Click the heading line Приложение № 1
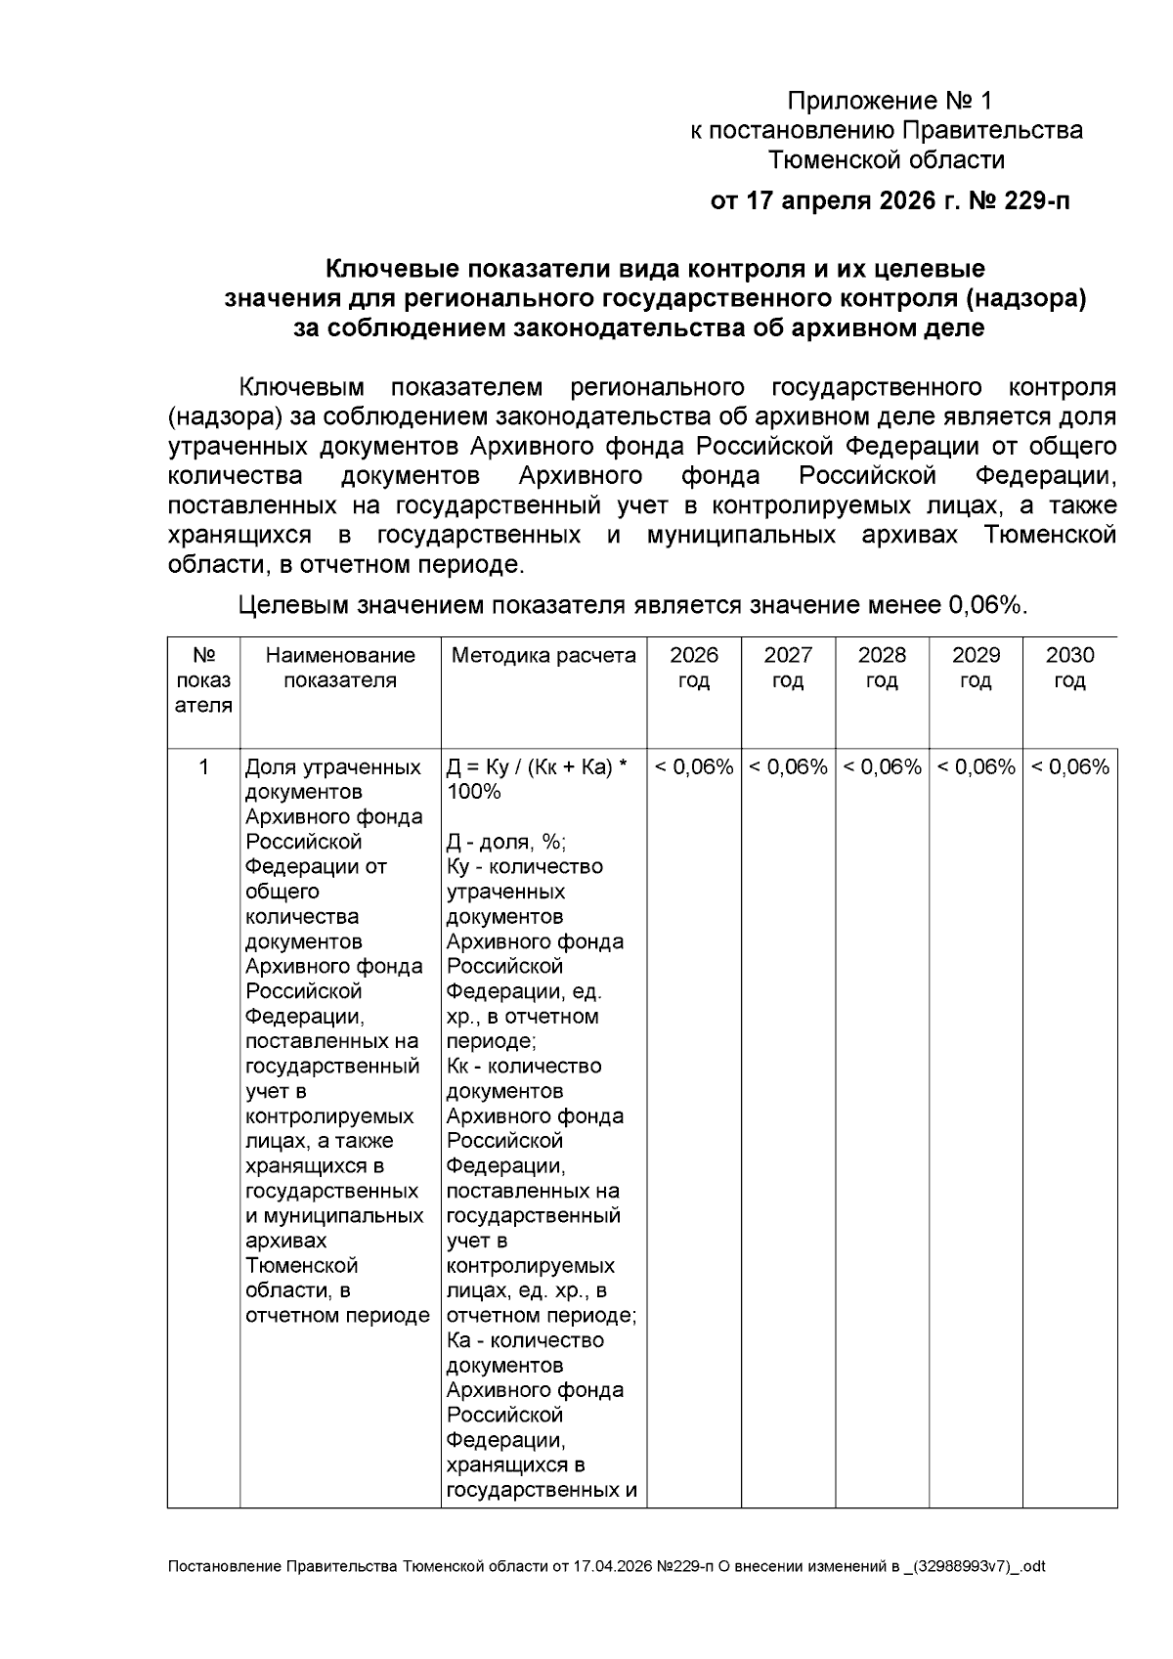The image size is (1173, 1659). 890,101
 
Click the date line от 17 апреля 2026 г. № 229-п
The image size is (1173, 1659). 890,202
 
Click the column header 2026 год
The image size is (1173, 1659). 694,668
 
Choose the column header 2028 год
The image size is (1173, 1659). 882,668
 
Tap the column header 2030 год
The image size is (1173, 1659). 1069,668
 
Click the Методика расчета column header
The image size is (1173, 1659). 543,655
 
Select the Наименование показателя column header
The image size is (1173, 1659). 340,668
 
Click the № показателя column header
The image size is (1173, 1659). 203,680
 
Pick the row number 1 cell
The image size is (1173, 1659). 203,767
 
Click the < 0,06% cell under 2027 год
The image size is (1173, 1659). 788,767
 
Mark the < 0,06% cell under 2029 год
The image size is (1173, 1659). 976,767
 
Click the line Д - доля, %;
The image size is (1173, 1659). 506,842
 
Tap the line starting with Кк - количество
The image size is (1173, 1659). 524,1066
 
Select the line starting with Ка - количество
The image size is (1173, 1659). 525,1340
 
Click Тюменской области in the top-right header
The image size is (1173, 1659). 887,159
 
